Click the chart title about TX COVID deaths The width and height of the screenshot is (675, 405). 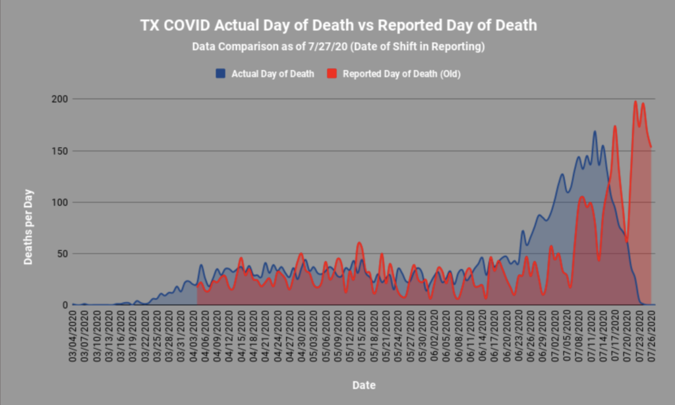point(338,25)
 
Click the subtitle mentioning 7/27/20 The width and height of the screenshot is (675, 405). point(337,47)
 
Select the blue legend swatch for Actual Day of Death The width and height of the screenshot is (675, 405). point(221,73)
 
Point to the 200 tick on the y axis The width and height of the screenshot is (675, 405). point(61,99)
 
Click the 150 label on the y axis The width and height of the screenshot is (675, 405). point(61,151)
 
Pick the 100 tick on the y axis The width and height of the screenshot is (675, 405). point(61,202)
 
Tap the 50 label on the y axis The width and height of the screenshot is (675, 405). point(63,254)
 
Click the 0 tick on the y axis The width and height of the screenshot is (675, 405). point(66,305)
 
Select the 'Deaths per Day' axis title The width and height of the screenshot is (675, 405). point(29,228)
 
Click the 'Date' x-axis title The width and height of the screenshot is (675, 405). point(364,385)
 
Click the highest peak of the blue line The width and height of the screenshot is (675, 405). point(595,131)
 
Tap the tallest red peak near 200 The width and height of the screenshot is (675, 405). point(635,102)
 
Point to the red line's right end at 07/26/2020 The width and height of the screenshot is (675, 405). point(651,147)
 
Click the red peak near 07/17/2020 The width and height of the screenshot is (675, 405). point(615,126)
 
